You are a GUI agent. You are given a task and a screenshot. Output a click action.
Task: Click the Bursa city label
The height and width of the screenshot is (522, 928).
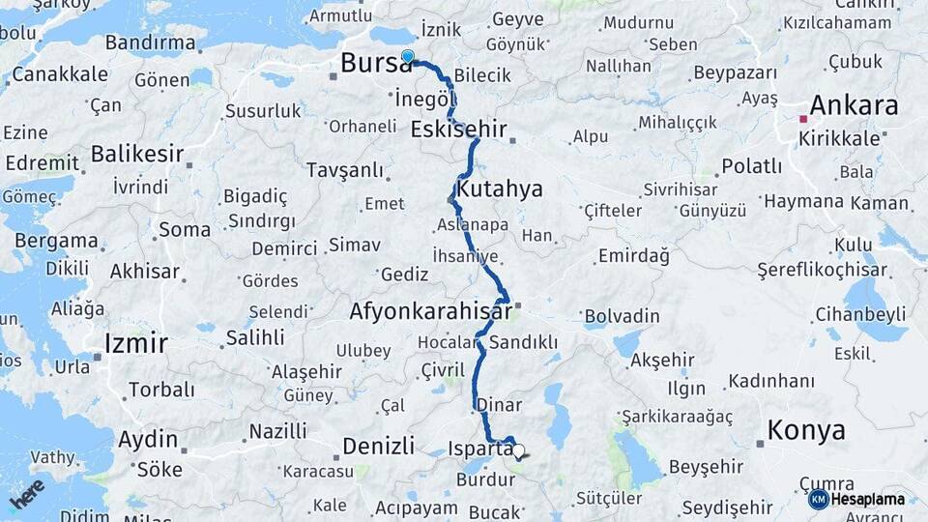375,64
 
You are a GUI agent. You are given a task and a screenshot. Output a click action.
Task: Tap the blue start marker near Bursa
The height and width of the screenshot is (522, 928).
408,57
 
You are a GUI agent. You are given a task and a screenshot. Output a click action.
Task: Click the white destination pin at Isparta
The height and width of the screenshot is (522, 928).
519,450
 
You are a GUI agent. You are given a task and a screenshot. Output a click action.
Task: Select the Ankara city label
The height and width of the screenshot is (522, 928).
854,105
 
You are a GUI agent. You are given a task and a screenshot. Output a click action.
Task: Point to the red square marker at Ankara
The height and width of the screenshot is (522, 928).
802,119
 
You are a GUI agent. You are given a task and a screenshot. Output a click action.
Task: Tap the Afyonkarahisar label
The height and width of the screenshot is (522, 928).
430,312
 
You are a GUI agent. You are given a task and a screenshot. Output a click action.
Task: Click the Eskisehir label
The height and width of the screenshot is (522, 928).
458,129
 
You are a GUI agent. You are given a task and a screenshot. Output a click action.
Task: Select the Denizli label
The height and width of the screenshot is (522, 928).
379,446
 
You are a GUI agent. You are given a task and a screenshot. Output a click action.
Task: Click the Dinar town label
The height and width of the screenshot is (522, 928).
499,405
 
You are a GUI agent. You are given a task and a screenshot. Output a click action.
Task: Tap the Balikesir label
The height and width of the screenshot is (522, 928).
137,154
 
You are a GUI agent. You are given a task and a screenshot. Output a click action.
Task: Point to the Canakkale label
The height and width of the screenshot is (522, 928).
59,73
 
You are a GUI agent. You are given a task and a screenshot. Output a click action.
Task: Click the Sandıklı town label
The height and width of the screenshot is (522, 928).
523,342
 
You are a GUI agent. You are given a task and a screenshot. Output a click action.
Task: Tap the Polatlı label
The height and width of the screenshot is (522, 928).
751,165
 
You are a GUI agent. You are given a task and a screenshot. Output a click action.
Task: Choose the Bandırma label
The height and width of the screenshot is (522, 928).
149,43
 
